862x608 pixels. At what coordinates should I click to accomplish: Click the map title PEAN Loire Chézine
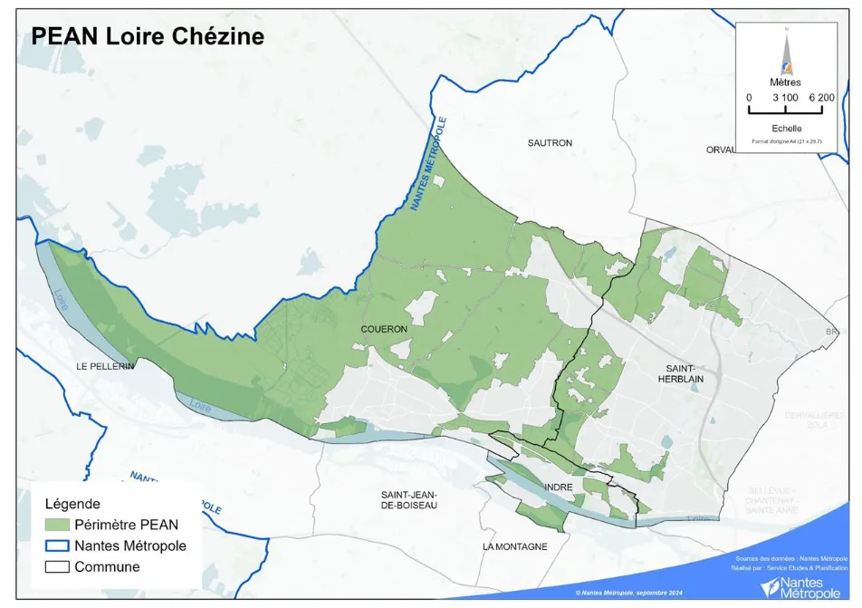(148, 36)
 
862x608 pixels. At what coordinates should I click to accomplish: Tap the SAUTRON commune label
(550, 143)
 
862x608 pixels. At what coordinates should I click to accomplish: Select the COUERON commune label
(384, 329)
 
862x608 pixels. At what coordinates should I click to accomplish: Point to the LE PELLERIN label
(105, 365)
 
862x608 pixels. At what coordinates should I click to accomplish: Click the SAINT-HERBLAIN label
(679, 374)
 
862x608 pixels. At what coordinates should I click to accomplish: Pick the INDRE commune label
(559, 487)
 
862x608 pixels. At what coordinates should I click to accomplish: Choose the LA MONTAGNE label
(514, 546)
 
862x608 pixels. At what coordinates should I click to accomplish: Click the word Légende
(72, 504)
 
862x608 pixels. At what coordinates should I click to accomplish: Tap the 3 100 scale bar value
(784, 97)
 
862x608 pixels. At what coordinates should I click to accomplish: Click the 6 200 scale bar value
(821, 97)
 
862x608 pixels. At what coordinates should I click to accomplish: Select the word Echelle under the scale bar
(785, 129)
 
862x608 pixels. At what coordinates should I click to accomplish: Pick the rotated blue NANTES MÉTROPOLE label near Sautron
(429, 164)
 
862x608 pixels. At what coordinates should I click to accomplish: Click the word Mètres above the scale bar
(785, 82)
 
